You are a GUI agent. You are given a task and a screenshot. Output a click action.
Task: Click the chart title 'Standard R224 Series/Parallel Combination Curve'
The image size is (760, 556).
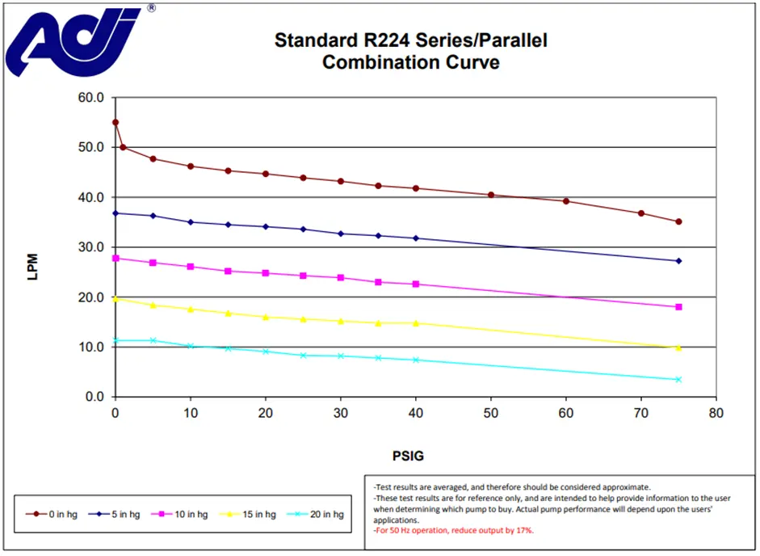[x=410, y=51]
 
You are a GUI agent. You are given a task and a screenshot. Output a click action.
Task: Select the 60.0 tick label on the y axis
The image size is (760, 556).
[x=91, y=98]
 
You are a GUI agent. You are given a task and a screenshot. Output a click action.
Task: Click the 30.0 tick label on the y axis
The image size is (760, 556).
[x=91, y=247]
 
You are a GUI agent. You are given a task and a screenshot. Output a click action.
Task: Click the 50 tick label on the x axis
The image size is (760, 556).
[x=491, y=412]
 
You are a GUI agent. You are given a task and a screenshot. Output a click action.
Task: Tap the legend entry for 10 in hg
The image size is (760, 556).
[x=187, y=514]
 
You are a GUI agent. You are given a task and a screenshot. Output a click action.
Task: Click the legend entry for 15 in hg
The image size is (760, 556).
[x=254, y=514]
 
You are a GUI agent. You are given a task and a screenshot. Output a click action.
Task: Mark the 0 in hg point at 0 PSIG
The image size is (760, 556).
[x=115, y=123]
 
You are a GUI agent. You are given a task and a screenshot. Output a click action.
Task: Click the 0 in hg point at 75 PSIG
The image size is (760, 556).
[x=679, y=221]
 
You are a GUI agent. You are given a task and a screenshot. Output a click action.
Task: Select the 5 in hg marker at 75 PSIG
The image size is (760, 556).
[x=679, y=261]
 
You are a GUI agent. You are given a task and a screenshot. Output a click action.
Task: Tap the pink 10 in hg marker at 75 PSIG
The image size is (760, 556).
[x=679, y=307]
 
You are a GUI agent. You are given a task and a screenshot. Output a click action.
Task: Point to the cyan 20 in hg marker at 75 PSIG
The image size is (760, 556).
[x=679, y=379]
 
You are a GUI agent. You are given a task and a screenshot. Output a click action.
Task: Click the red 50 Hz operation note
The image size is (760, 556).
[x=453, y=531]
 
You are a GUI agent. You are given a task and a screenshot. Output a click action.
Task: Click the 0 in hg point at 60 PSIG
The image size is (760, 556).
[x=566, y=201]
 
